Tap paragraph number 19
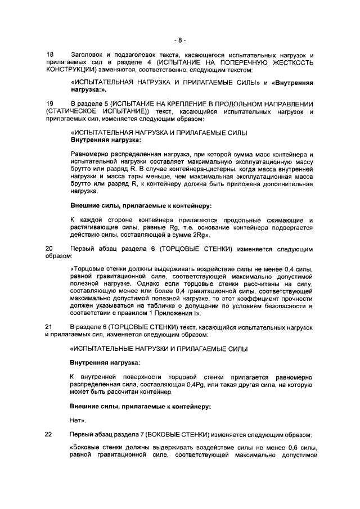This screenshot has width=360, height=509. (x=49, y=105)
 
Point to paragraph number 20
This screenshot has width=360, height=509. (x=49, y=248)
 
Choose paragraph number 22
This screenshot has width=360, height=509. (x=49, y=435)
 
